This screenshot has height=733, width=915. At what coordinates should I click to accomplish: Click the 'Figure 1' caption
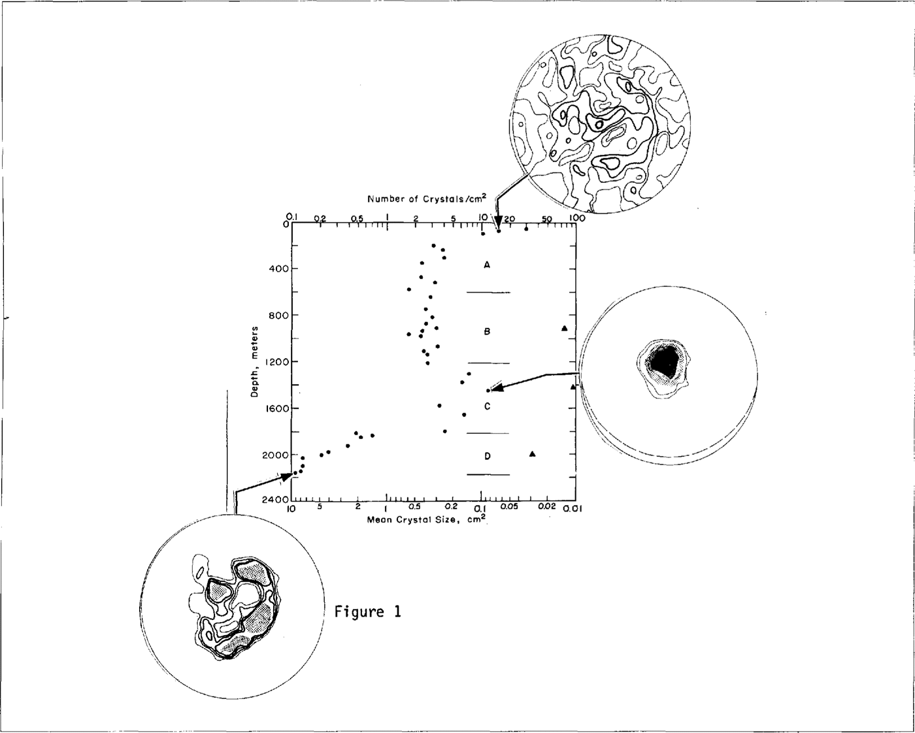[367, 612]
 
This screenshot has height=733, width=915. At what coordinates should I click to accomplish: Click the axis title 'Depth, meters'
[255, 362]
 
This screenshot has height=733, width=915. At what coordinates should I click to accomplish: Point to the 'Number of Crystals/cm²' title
[426, 199]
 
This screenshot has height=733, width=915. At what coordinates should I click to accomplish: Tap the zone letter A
[487, 265]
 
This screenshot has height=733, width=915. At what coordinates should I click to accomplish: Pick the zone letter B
[487, 332]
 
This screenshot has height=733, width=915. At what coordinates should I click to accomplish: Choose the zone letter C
[487, 407]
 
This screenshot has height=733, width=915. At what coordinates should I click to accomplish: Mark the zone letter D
[487, 456]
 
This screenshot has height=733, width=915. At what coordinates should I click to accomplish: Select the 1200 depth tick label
[272, 362]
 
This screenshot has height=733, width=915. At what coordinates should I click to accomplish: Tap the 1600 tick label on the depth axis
[272, 408]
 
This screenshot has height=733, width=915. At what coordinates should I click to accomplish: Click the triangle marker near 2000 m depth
[533, 454]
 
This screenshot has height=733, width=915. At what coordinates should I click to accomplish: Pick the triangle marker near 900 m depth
[565, 328]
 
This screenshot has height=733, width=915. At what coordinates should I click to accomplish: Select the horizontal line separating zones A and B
[488, 293]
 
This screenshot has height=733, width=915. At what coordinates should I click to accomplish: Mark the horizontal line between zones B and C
[488, 363]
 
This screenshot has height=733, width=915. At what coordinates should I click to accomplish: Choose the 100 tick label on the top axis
[575, 218]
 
